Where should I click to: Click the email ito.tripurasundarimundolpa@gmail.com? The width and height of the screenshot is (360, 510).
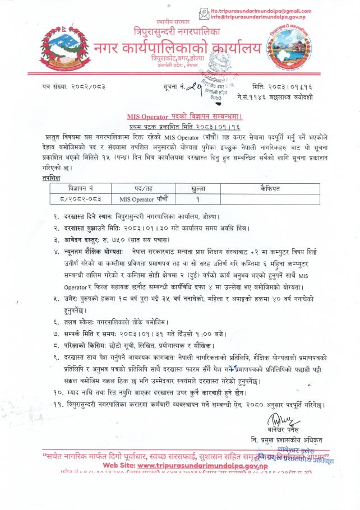click(x=264, y=11)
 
